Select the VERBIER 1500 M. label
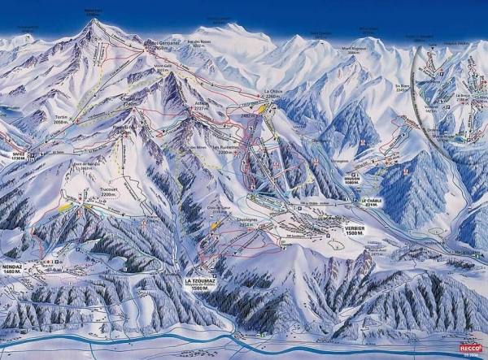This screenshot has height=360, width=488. click(x=354, y=230)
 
